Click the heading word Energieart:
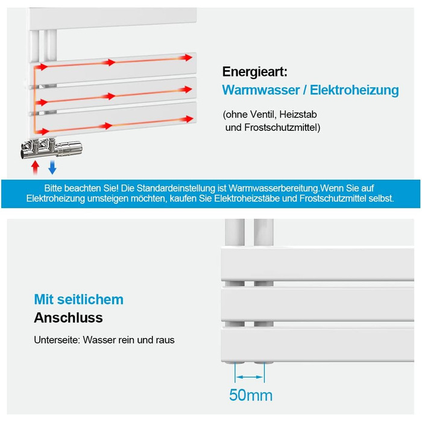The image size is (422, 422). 254,72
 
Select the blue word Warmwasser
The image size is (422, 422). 261,90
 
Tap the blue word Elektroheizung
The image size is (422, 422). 354,90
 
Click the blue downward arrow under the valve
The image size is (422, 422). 52,168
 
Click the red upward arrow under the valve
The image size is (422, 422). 35,168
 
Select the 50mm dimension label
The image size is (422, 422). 251,395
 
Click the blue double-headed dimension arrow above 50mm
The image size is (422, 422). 250,377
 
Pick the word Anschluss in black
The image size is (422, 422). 68,318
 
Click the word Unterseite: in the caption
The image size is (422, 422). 57,340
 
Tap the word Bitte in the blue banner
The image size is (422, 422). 53,188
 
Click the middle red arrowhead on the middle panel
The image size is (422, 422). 109,96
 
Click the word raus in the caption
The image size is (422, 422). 165,340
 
